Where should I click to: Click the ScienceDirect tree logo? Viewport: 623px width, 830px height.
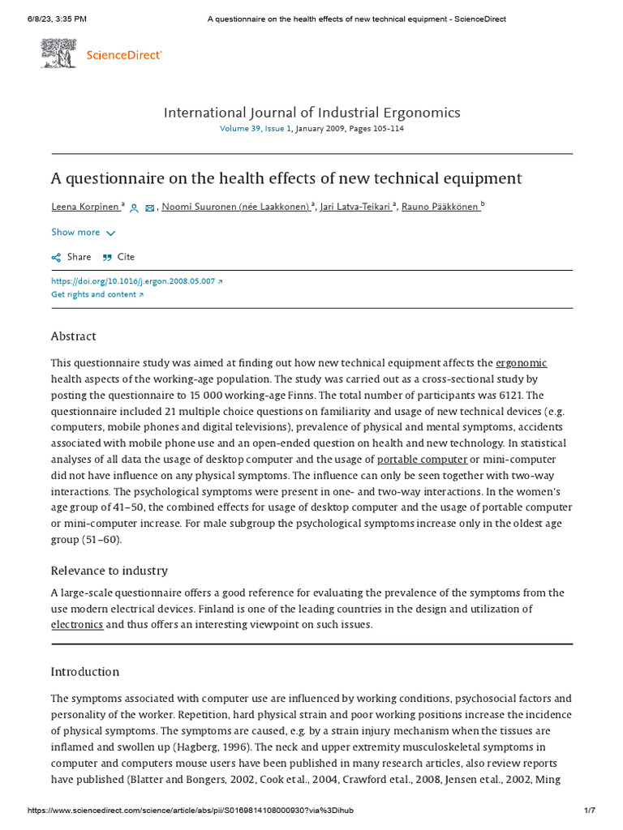point(59,53)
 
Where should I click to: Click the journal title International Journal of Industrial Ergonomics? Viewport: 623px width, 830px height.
point(311,112)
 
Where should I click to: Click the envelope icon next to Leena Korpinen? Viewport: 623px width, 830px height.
point(149,208)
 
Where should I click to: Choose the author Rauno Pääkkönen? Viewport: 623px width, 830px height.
point(441,207)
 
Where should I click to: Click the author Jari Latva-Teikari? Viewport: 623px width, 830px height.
point(356,207)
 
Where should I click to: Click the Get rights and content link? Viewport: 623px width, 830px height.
point(97,294)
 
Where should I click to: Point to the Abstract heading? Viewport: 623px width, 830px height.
point(73,336)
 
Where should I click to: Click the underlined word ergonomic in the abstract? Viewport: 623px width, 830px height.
point(521,363)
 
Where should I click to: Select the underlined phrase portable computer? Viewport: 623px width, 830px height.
point(422,460)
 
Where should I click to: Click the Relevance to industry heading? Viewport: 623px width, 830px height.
point(109,571)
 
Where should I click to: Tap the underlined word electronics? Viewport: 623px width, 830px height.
point(77,625)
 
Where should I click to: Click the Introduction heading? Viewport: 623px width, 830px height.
point(84,672)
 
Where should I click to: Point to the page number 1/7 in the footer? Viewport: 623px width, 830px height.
point(590,811)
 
